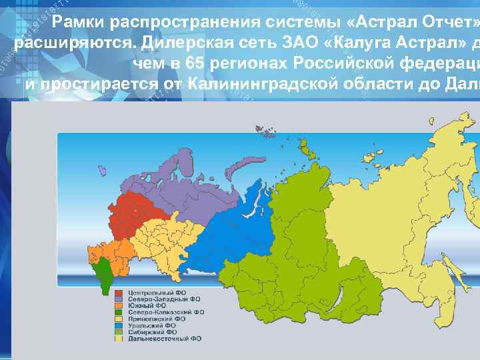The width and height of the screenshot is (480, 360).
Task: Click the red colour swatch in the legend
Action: point(119,293)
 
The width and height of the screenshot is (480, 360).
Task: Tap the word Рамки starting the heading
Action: point(79,23)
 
